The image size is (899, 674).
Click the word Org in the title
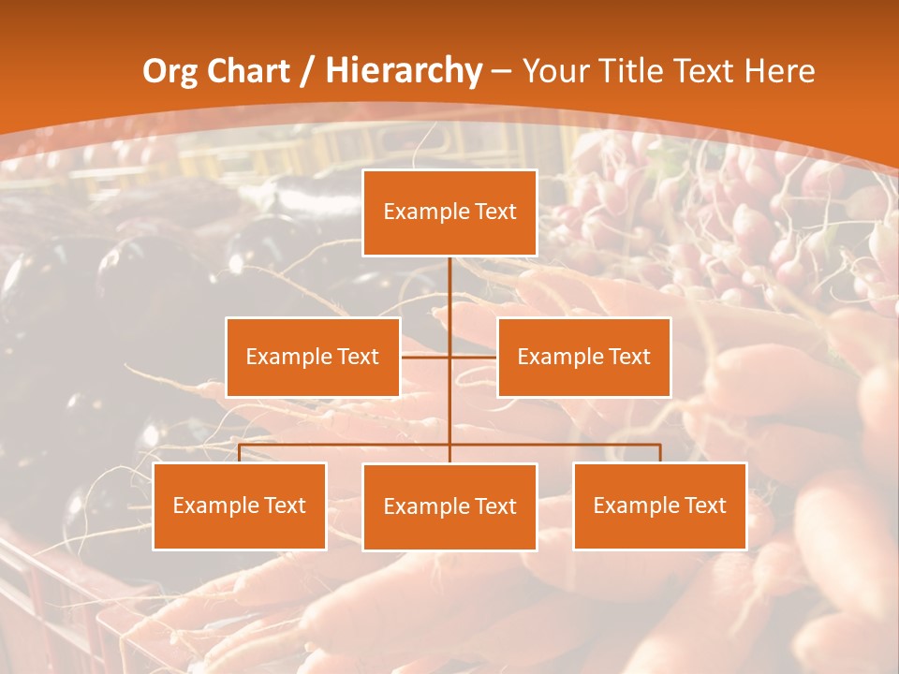tap(169, 71)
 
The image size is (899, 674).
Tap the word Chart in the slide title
tap(246, 71)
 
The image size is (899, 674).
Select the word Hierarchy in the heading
tap(403, 71)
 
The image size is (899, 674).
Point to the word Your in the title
tap(553, 71)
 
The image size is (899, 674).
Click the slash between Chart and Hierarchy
tap(308, 71)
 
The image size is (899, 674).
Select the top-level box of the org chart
tap(449, 212)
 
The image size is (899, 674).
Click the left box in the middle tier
tap(313, 358)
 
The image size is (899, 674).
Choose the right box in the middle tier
tap(583, 358)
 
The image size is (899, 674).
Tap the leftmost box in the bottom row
tap(240, 506)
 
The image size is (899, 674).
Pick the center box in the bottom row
tap(449, 507)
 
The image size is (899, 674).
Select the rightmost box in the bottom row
tap(660, 506)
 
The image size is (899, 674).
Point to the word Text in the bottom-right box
tap(705, 505)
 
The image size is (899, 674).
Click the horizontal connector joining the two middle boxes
tap(473, 357)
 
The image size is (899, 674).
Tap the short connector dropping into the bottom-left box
tap(240, 453)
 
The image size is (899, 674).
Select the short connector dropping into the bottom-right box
tap(660, 453)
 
